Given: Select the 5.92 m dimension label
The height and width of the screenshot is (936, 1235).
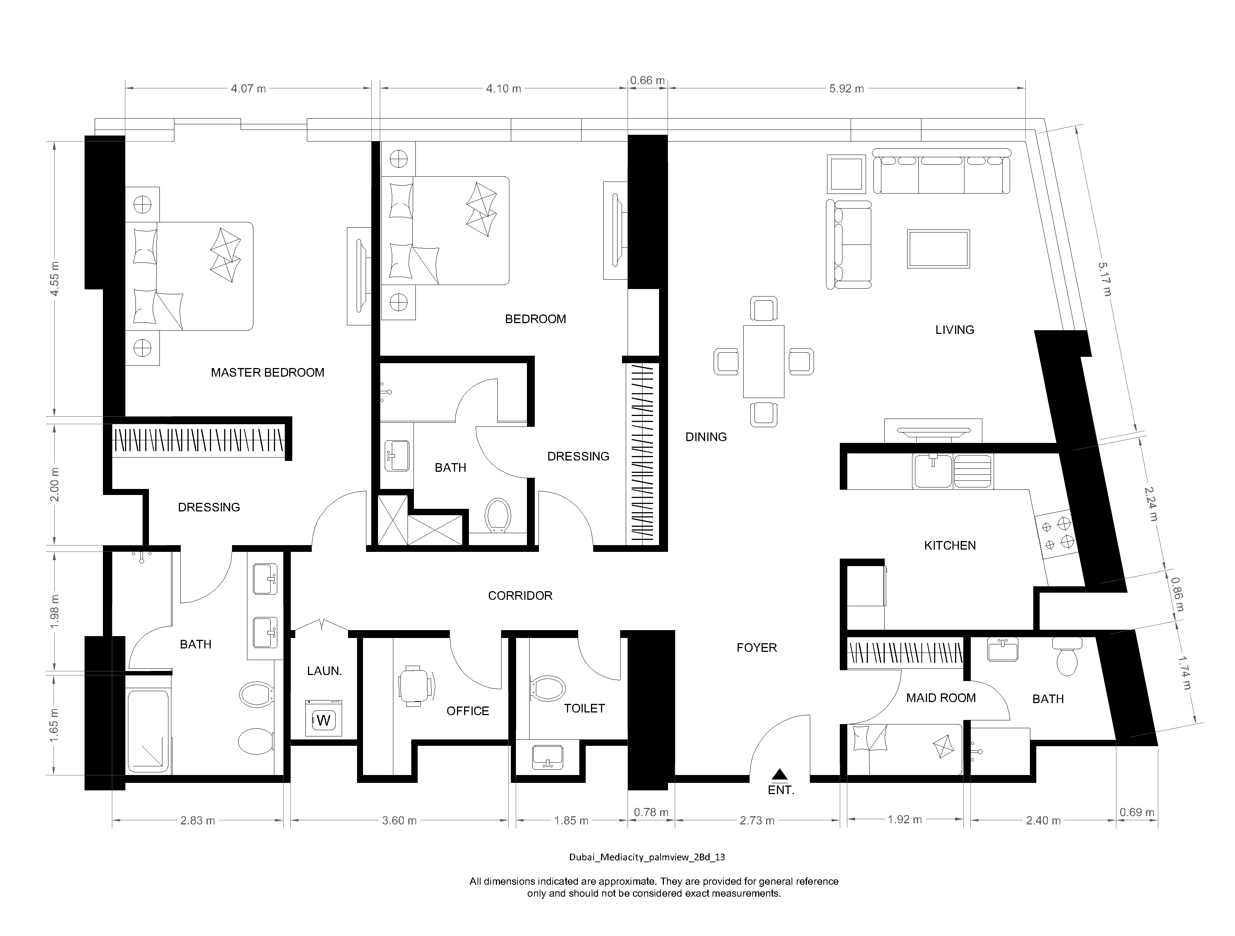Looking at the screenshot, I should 847,89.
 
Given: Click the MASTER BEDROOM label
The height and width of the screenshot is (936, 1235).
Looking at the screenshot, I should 268,373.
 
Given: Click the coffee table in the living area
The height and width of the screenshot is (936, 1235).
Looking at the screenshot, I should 938,249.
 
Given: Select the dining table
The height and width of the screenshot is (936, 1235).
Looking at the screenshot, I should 763,361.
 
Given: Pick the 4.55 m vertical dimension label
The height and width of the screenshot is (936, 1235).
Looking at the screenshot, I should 55,279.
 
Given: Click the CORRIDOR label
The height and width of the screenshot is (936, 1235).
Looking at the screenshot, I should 520,596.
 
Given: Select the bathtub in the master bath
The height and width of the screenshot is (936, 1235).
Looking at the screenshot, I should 148,731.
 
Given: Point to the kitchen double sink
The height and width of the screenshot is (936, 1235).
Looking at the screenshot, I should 952,471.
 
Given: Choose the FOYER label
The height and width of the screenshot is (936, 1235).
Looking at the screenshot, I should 756,648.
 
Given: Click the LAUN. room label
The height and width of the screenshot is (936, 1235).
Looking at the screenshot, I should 324,671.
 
